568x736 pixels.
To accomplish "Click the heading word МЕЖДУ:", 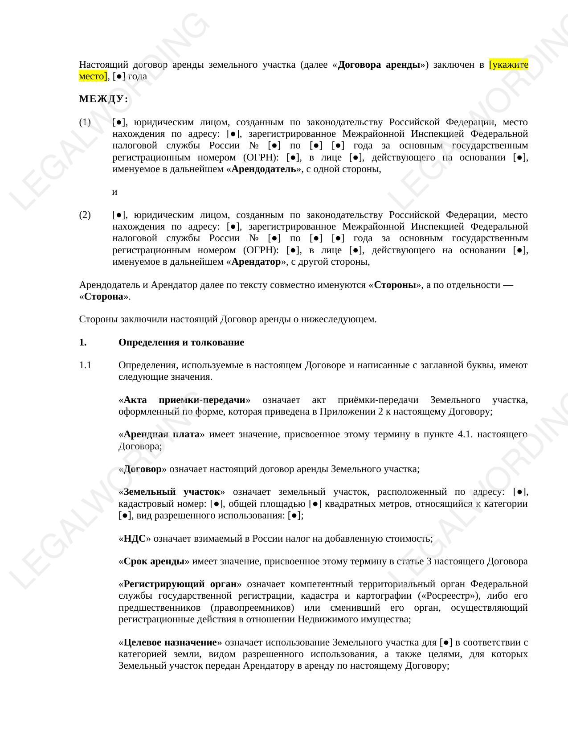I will tap(103, 99).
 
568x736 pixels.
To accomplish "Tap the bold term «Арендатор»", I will tap(256, 262).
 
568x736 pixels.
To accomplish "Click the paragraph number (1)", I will tap(85, 122).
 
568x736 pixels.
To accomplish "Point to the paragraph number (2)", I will tap(85, 215).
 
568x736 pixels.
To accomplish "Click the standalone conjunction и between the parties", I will tap(114, 192).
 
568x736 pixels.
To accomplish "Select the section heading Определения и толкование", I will tap(181, 342).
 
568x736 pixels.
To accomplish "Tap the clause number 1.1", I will tap(85, 365).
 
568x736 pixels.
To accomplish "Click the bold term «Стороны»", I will tap(395, 285).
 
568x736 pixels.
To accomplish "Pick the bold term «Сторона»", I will tap(104, 296).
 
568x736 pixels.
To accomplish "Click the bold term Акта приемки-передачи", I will tap(184, 400).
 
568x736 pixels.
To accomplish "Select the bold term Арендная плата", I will tap(161, 434).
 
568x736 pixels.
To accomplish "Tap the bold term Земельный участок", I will tap(172, 492).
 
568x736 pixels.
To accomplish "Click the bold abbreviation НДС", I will tap(135, 539).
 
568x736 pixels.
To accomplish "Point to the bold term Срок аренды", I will tap(154, 561).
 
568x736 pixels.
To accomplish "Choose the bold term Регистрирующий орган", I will tap(180, 584).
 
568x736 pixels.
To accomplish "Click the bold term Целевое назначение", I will tap(170, 642).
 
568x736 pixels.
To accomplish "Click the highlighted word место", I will tap(93, 76).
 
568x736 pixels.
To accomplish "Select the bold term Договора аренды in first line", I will tap(379, 65).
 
